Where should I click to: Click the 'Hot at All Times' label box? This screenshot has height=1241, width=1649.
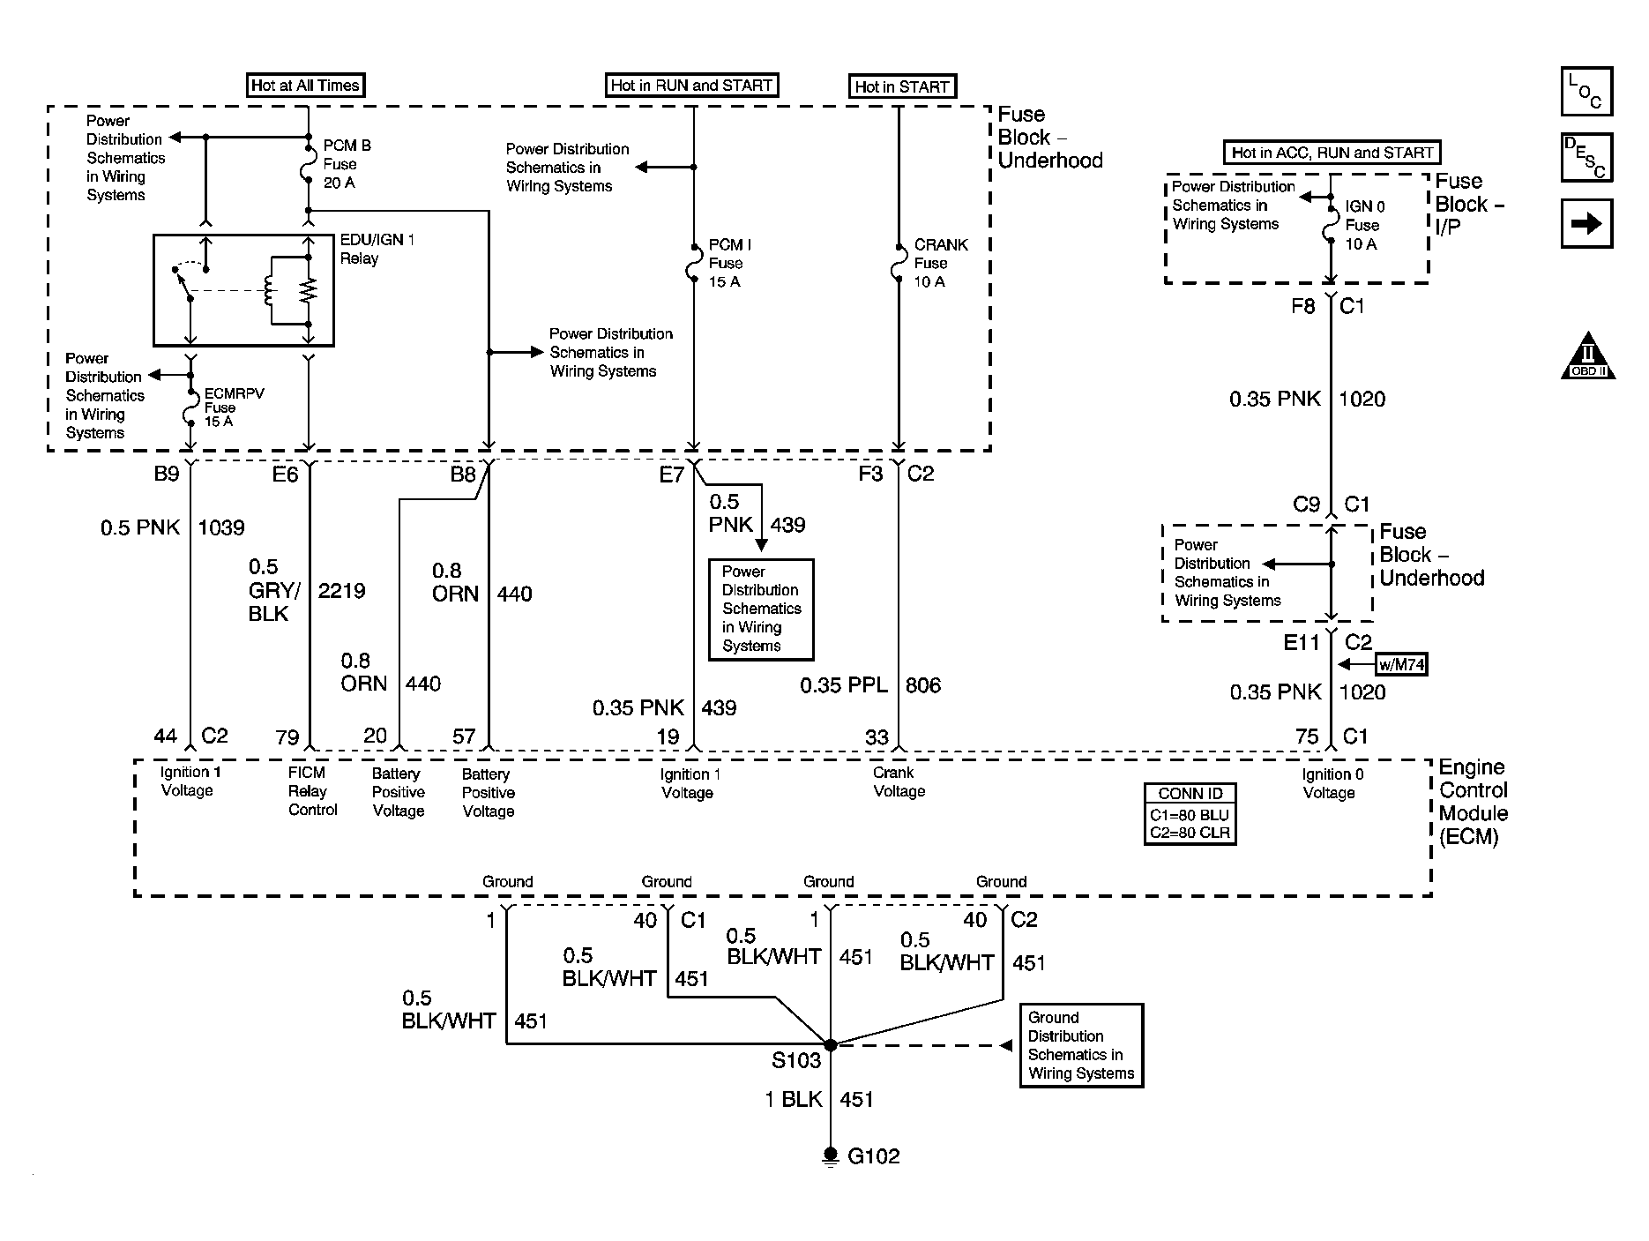[305, 86]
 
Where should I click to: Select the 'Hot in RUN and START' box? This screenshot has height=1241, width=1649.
[691, 86]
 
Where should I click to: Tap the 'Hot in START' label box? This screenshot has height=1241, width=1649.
[901, 86]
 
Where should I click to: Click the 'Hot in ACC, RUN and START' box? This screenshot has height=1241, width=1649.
[1332, 153]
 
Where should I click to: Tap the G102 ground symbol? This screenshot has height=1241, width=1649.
[831, 1156]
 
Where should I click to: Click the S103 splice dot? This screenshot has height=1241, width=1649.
[830, 1044]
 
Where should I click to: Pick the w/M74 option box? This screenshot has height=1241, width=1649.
[1401, 664]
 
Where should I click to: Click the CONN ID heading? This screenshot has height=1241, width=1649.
[1190, 793]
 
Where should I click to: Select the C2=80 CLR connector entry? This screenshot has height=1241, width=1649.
[1190, 832]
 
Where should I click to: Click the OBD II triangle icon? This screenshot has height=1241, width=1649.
[1587, 356]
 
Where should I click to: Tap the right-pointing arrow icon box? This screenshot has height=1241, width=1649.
[1586, 224]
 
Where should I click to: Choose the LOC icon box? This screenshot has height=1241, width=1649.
[1586, 92]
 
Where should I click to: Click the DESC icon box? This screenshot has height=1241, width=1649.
[1586, 157]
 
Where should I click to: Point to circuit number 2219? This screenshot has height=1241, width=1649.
[341, 591]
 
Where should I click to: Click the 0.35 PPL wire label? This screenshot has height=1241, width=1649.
[844, 685]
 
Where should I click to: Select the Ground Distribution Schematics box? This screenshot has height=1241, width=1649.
[1081, 1045]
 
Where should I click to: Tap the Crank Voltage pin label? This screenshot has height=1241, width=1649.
[899, 782]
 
